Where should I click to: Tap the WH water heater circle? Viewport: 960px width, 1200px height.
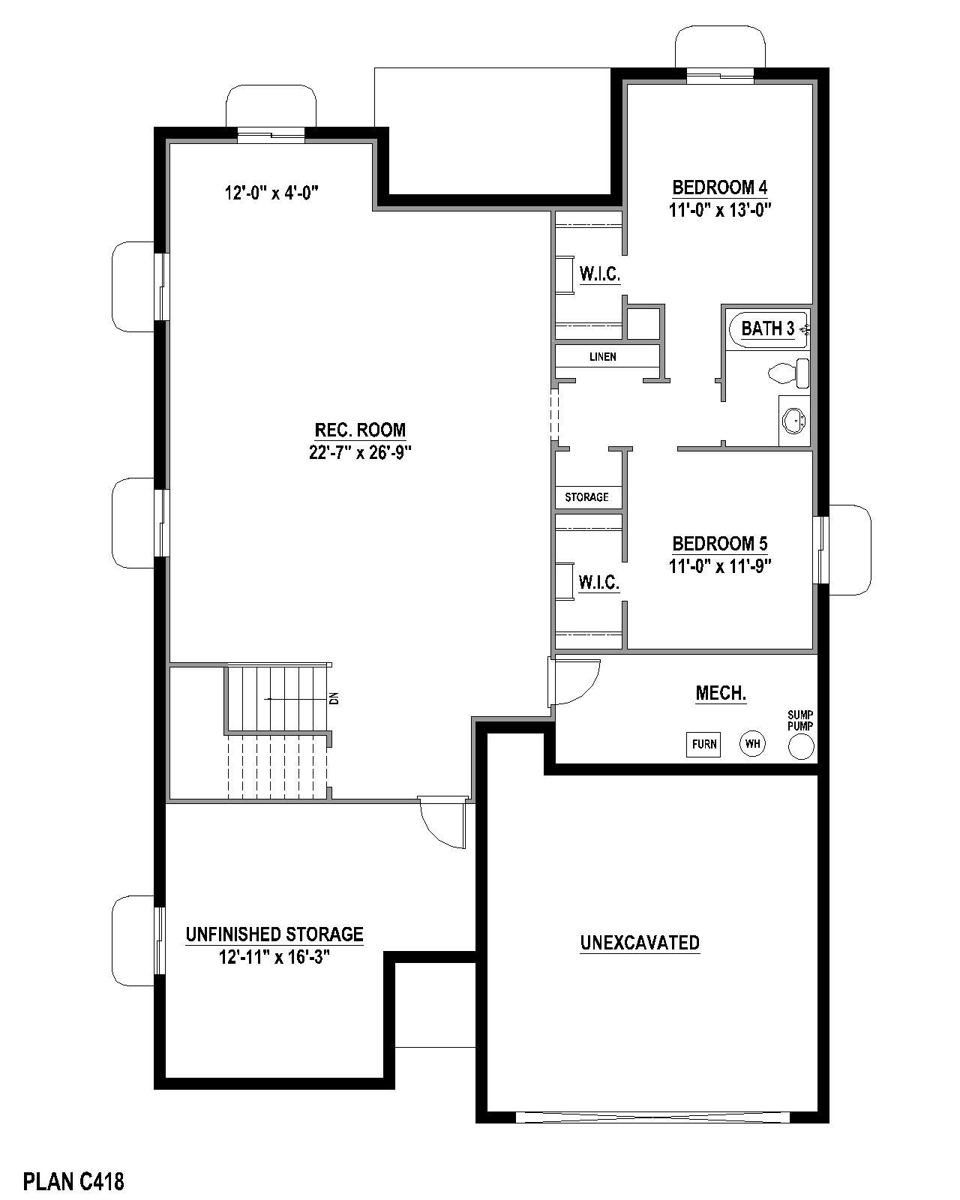[x=752, y=743]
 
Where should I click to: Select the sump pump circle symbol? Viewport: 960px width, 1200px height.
[x=800, y=746]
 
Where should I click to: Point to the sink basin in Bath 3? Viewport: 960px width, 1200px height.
[x=793, y=421]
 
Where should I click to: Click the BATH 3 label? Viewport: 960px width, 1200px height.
[x=767, y=329]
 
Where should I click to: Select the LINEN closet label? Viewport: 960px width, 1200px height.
[x=602, y=357]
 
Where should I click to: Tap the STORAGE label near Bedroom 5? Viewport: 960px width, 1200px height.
[x=586, y=496]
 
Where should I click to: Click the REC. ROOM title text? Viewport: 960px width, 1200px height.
[x=360, y=430]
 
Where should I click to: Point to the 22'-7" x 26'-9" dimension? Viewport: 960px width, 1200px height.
[x=360, y=452]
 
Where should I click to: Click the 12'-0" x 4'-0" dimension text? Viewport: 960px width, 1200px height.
[x=271, y=193]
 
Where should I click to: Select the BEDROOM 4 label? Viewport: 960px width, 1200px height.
[x=719, y=187]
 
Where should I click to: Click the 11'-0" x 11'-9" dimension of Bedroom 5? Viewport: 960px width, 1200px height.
[x=719, y=566]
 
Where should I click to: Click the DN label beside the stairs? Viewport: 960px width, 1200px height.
[x=334, y=698]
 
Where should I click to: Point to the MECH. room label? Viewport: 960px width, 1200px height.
[x=721, y=693]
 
